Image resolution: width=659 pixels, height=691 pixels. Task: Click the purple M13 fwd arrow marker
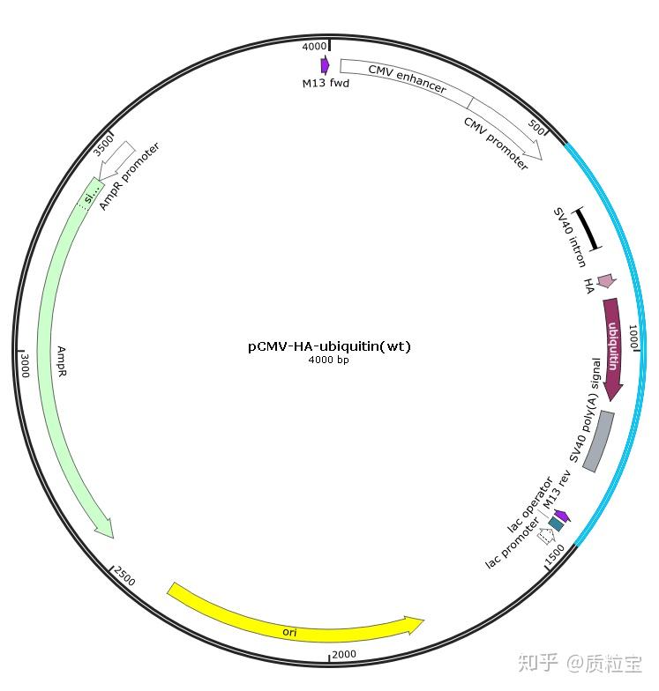tap(325, 64)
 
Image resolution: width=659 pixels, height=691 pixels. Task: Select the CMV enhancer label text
tap(407, 78)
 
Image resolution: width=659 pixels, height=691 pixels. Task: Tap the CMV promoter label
tap(495, 144)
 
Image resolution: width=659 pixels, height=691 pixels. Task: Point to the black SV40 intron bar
tap(588, 228)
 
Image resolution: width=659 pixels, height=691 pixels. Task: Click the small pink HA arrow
tap(605, 281)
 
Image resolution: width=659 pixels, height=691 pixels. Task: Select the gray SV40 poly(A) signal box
tap(598, 441)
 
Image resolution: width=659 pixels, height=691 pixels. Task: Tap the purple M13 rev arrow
tap(561, 516)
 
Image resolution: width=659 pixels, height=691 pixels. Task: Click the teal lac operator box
tap(555, 524)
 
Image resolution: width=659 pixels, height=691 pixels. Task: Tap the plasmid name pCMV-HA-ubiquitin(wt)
tap(329, 346)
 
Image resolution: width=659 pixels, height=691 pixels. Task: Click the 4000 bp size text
tap(329, 360)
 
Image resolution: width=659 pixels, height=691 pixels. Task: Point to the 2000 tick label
tap(344, 653)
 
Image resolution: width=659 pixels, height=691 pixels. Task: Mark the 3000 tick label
tap(25, 365)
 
